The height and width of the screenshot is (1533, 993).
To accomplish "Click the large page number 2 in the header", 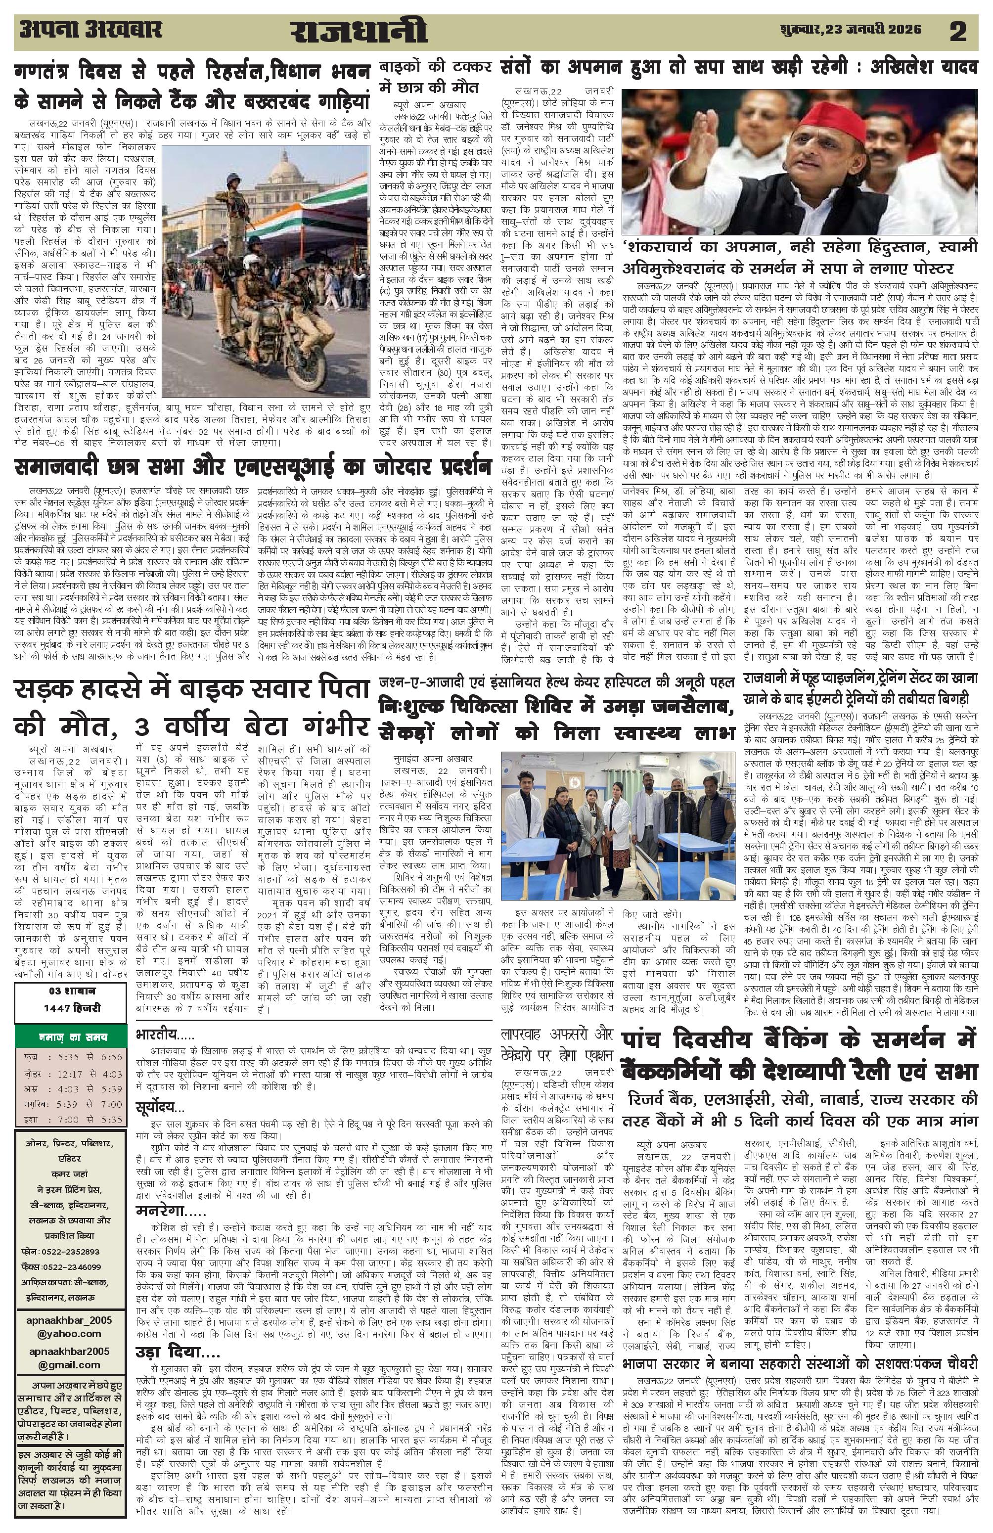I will click(957, 32).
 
